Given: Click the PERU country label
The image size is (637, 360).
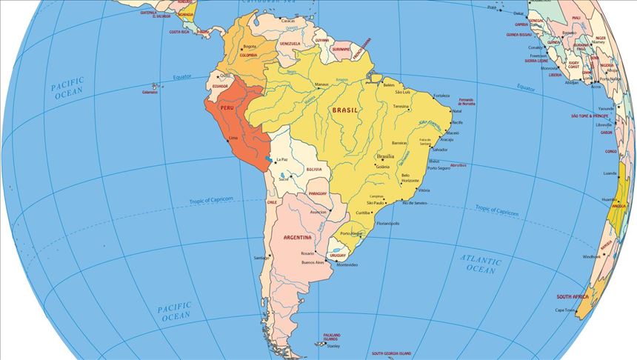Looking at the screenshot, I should click(x=227, y=107).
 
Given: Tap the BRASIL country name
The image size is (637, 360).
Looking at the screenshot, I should click(x=345, y=110).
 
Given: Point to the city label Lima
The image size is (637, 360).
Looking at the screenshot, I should click(x=234, y=139).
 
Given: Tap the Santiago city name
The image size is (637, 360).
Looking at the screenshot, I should click(x=261, y=258).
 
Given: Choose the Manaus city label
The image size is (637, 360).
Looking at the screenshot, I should click(x=321, y=84).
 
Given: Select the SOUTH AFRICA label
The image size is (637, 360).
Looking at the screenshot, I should click(x=573, y=296).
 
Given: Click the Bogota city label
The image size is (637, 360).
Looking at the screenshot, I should click(x=250, y=47).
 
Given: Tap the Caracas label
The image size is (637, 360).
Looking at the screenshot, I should click(x=288, y=21).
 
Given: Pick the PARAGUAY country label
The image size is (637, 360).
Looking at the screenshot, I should click(x=317, y=193).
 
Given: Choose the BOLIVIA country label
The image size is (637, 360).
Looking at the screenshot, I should click(x=314, y=170).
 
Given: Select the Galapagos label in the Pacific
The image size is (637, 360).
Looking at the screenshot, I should click(x=150, y=93).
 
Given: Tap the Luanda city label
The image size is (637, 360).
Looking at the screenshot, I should click(x=610, y=173).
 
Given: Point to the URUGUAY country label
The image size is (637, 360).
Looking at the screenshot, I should click(x=338, y=256).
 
